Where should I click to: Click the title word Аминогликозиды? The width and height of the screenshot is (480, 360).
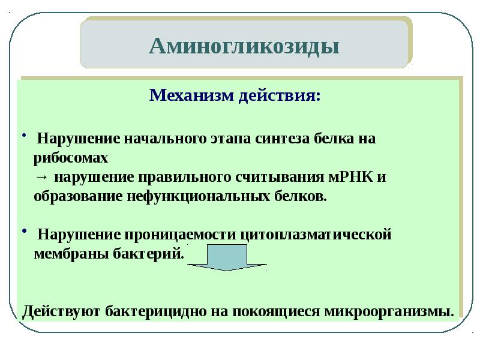244,47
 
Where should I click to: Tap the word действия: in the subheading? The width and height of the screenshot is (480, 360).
280,95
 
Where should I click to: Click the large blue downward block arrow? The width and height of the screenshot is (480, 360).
227,257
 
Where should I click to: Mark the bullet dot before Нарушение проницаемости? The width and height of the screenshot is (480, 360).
24,231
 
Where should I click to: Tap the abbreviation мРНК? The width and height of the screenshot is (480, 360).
351,177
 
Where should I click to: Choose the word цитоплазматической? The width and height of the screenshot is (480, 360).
316,235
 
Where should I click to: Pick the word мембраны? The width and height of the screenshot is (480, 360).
71,254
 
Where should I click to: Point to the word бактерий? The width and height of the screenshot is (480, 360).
148,254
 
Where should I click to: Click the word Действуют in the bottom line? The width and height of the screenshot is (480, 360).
61,311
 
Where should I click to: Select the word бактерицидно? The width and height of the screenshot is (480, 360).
156,311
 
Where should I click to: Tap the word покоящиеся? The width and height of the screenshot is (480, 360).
276,311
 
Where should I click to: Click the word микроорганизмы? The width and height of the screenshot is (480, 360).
389,311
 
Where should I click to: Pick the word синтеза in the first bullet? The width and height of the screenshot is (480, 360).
283,139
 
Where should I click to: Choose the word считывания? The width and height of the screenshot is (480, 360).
280,177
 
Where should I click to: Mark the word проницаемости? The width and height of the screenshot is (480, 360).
181,235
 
